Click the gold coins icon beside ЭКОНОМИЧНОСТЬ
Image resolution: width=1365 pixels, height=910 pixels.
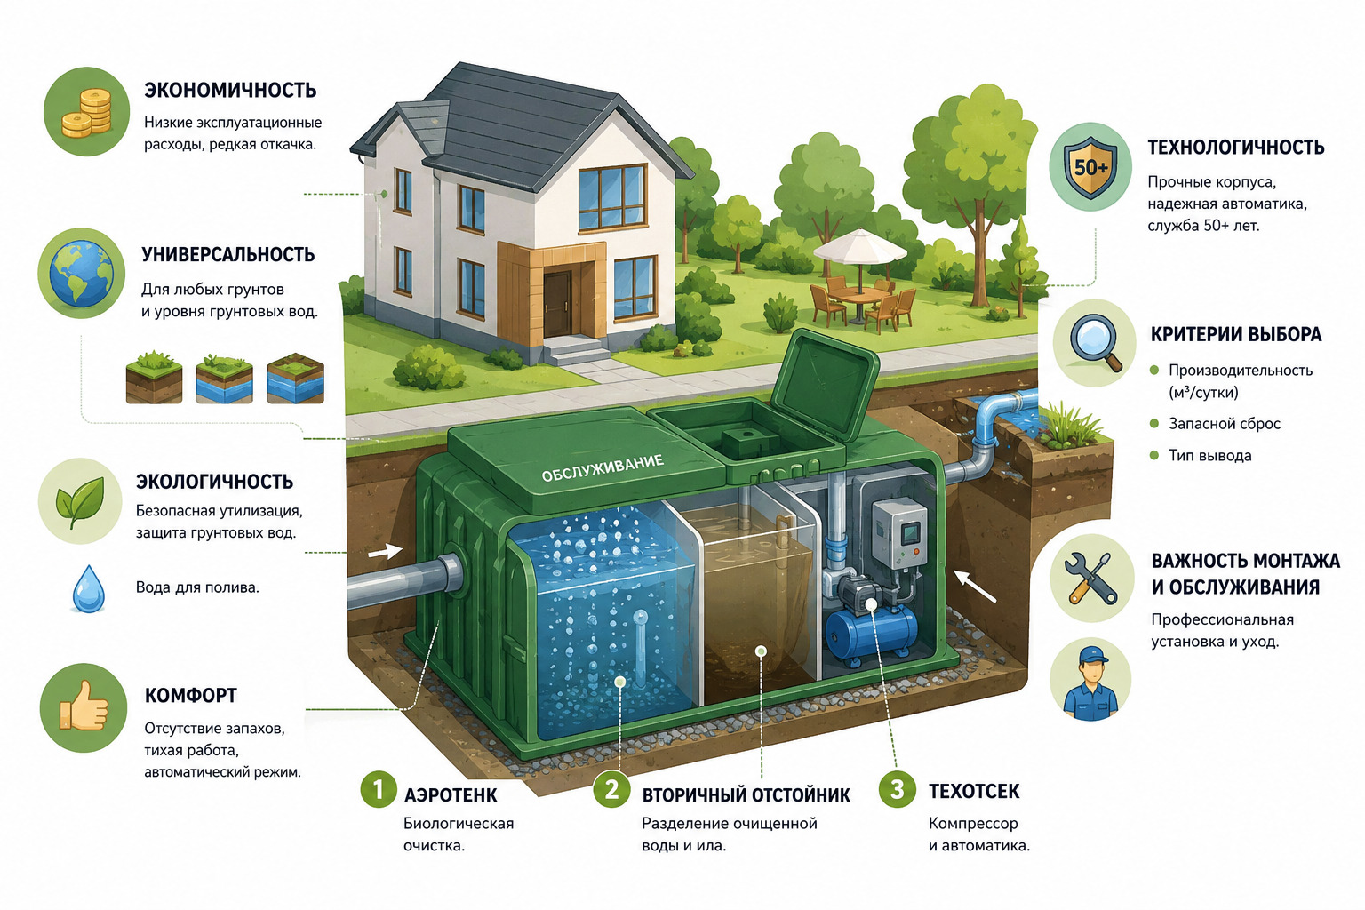[x=86, y=112]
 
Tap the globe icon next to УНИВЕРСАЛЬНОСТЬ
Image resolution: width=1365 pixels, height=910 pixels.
[x=82, y=273]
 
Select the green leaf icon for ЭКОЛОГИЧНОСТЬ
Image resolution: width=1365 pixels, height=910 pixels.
[x=80, y=501]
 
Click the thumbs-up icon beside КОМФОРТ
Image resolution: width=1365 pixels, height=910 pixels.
[x=84, y=707]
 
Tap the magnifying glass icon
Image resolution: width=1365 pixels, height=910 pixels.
[x=1095, y=342]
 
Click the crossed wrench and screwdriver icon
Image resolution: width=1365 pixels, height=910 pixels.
[x=1090, y=578]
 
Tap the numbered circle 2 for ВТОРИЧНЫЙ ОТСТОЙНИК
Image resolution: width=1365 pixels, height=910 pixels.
[x=612, y=790]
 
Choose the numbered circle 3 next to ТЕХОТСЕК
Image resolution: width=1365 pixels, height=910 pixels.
[x=897, y=789]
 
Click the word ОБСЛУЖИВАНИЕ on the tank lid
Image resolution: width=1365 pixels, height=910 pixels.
[x=602, y=468]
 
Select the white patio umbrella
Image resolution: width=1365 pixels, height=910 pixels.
[x=860, y=246]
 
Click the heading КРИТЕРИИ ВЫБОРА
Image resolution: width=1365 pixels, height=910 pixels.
[x=1236, y=335]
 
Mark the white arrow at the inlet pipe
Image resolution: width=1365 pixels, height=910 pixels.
[x=385, y=552]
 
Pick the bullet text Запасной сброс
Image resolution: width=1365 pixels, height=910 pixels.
[x=1225, y=424]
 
